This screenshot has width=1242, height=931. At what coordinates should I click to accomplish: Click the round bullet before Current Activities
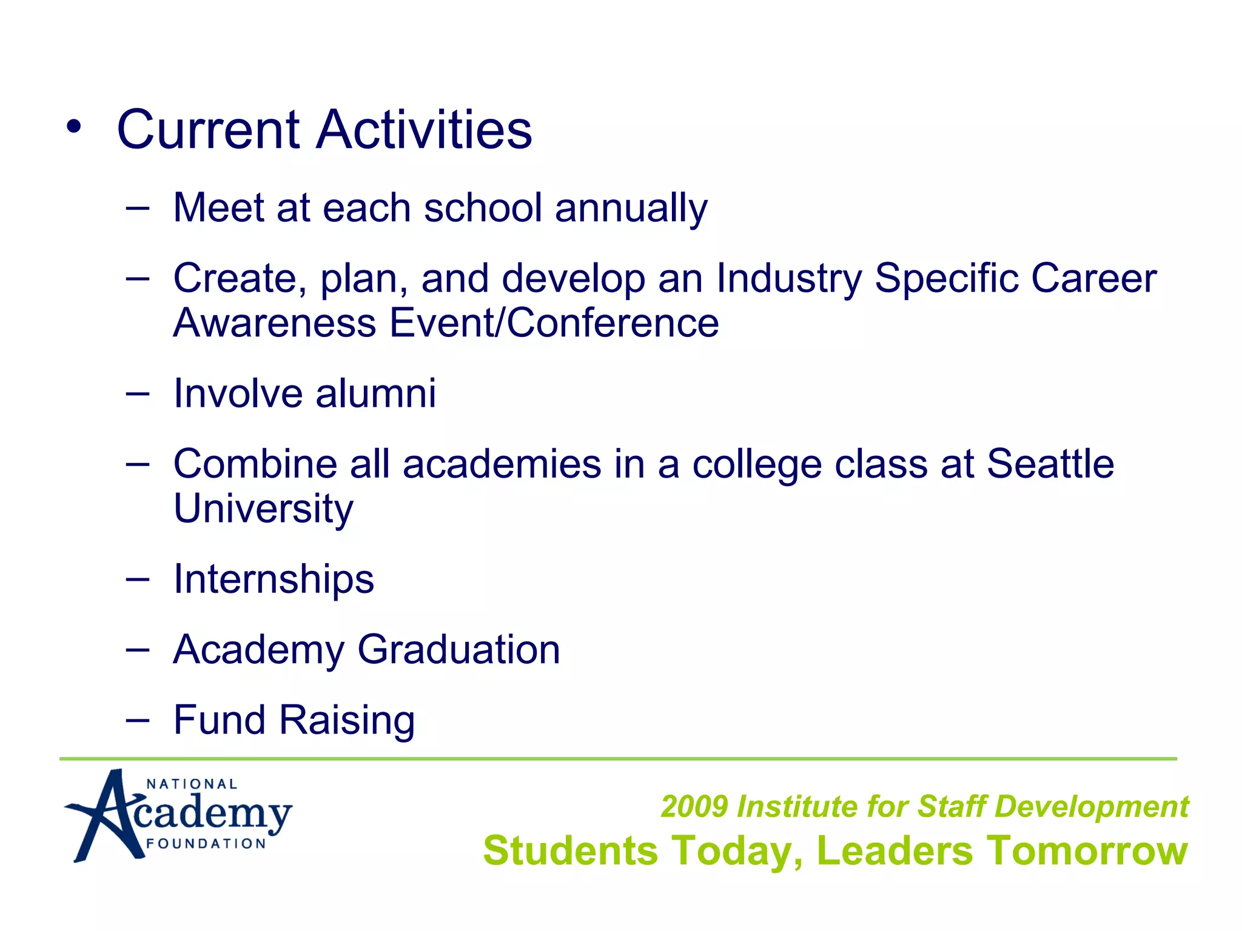click(x=73, y=128)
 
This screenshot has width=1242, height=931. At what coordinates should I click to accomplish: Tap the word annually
click(x=631, y=208)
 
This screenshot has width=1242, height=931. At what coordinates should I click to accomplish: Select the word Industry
click(x=788, y=279)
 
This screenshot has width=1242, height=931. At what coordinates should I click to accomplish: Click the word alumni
click(x=375, y=393)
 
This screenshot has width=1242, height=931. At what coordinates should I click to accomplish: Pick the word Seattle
click(x=1050, y=464)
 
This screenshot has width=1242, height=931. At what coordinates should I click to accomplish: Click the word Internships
click(x=274, y=579)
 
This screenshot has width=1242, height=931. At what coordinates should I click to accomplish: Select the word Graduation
click(x=458, y=650)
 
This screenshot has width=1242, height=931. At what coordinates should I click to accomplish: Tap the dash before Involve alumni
click(x=138, y=394)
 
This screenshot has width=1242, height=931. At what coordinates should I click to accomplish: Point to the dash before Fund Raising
click(x=138, y=721)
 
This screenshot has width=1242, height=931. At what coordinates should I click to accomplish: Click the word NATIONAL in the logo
click(x=192, y=784)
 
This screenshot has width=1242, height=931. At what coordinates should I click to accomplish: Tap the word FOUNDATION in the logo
click(x=206, y=844)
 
